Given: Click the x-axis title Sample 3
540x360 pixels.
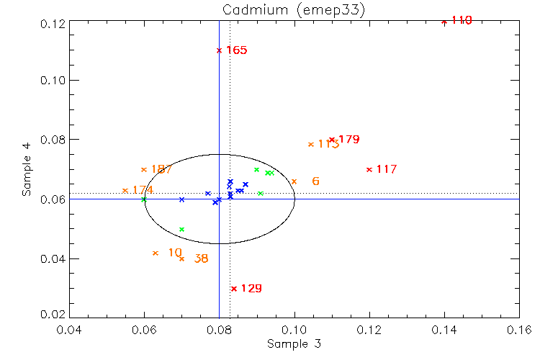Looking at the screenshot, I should pos(294,344).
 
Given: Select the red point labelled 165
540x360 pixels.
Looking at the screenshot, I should pos(219,50).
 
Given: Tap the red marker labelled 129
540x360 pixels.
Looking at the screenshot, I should pos(234,289).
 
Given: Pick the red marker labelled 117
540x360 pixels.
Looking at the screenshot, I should pos(369,169).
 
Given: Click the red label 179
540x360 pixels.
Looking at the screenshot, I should pos(348,139).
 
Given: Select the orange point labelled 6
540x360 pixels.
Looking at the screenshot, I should pos(294,181).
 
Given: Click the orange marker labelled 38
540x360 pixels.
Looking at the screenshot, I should pos(181,258).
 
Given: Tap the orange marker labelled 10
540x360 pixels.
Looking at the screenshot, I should pos(156,253).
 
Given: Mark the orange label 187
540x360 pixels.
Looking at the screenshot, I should pos(161,169).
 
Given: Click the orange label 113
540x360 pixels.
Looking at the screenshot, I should pos(328,144).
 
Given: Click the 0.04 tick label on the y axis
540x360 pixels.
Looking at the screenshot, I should pos(53,258).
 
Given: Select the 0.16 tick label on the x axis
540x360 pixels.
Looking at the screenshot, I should pos(519,330).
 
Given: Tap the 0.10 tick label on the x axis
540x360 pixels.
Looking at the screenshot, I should pos(294,330).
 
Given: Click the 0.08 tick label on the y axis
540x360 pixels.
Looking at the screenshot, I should pos(53,140).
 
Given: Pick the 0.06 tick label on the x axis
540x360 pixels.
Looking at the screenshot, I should pos(144,330).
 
